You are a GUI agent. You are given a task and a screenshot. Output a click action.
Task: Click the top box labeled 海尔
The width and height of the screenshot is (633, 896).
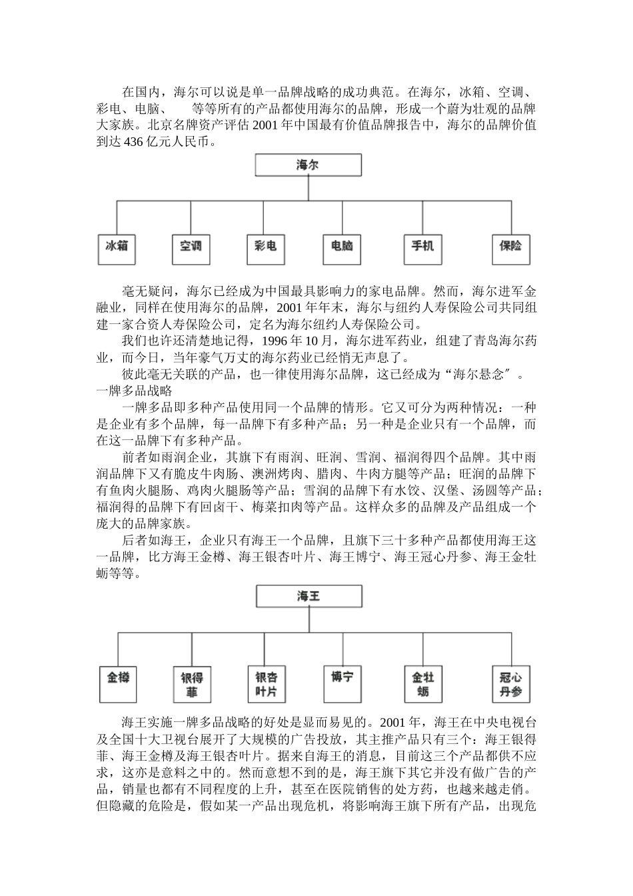308,165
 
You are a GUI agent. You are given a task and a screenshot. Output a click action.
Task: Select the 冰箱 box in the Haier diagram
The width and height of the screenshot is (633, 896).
117,247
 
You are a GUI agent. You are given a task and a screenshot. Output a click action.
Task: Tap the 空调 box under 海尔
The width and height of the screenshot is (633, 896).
191,247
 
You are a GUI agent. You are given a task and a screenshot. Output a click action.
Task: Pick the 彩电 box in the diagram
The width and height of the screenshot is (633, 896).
265,247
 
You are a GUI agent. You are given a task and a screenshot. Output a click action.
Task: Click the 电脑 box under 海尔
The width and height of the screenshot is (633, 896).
342,247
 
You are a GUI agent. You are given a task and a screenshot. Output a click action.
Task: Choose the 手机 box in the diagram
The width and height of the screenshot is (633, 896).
422,247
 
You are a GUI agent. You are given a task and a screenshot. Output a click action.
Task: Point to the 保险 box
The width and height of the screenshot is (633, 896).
510,247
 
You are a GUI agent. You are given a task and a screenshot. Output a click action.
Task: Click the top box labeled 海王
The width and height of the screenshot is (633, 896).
309,596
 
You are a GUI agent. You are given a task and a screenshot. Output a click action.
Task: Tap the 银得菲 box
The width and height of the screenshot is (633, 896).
192,683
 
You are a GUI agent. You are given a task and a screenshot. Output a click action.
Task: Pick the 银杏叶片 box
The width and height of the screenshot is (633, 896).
267,683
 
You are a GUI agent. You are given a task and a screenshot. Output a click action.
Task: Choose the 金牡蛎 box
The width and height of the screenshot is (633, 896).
423,683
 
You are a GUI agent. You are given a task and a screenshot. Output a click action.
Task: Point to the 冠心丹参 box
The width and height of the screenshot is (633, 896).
511,683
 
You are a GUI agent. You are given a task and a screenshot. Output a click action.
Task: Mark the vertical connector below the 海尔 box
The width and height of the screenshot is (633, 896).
308,188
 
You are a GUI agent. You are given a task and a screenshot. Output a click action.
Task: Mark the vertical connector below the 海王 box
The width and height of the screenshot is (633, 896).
309,619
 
